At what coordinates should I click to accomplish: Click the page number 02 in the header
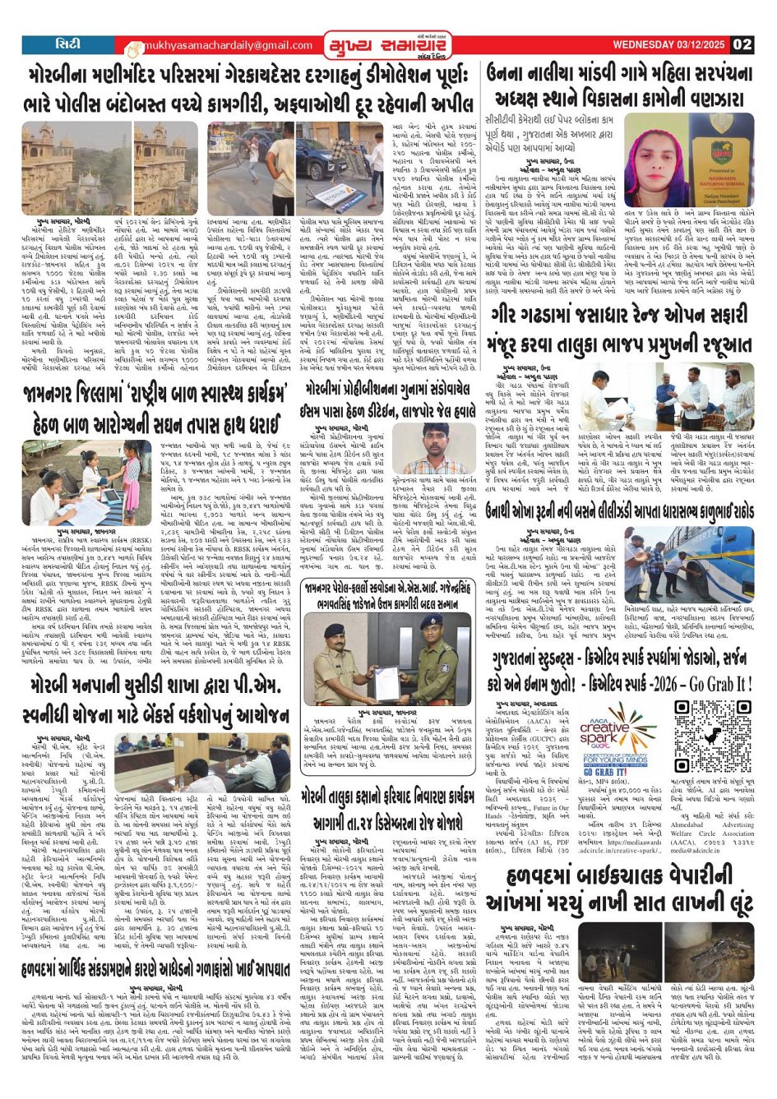click(742, 44)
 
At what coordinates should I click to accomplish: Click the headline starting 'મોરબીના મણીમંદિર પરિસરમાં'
click(247, 78)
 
